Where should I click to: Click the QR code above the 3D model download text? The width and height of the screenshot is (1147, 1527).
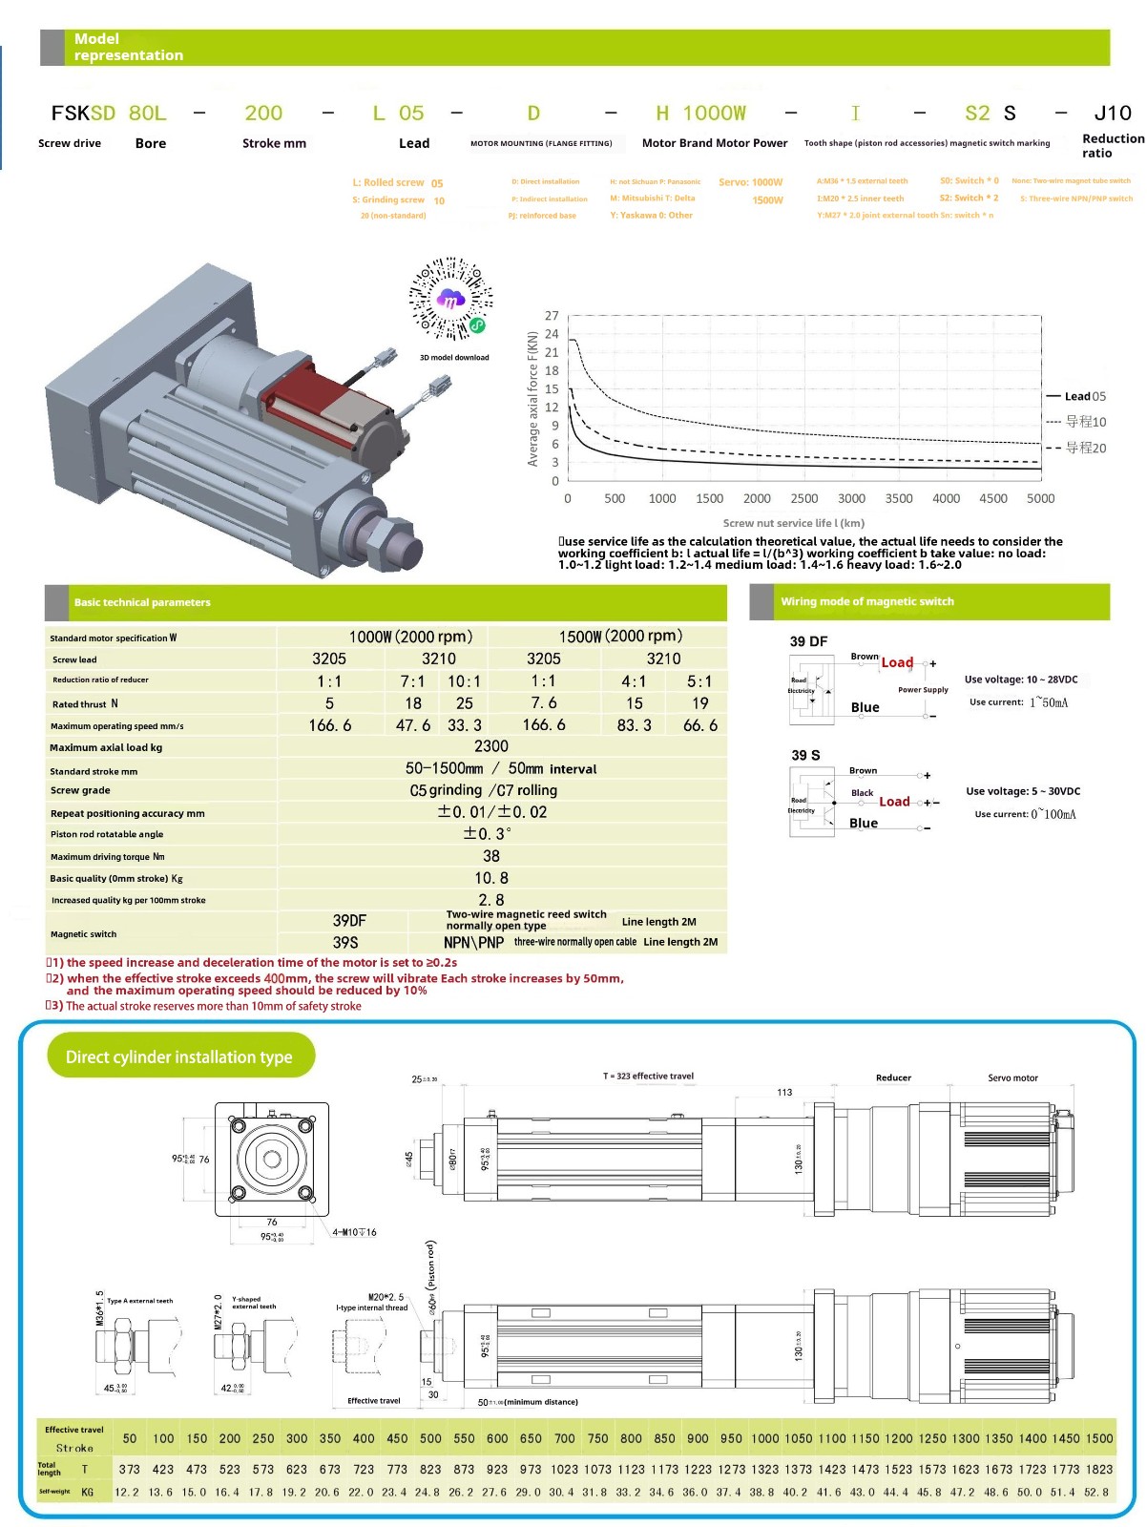(451, 298)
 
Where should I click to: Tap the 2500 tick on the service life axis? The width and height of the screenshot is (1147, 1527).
(803, 499)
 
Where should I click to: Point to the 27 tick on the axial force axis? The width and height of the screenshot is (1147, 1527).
(552, 316)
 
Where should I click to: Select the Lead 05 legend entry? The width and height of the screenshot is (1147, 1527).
(1084, 396)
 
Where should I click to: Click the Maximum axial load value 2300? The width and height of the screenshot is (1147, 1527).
(490, 746)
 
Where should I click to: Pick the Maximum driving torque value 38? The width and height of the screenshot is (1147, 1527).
(490, 856)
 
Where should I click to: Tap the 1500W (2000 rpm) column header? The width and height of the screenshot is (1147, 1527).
(620, 637)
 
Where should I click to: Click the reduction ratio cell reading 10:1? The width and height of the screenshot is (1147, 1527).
(464, 681)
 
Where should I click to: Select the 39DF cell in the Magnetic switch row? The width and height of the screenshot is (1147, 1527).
(348, 921)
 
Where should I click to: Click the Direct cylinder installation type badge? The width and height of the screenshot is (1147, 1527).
(179, 1056)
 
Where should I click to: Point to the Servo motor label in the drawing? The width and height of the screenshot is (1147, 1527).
(1012, 1078)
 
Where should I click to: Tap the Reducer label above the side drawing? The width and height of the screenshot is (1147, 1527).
(893, 1078)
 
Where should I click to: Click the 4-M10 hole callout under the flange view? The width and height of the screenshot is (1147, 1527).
(354, 1232)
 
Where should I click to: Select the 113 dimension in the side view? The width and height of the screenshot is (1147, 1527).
(784, 1093)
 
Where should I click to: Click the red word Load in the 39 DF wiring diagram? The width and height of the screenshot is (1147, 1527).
(897, 662)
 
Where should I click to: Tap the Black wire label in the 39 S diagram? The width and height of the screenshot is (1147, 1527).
(863, 793)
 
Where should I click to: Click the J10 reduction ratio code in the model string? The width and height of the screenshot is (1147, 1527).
(1112, 114)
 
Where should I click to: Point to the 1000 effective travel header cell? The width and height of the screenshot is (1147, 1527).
(764, 1438)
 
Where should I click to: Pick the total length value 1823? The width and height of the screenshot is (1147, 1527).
(1098, 1470)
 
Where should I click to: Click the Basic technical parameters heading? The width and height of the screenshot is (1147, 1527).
(142, 602)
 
